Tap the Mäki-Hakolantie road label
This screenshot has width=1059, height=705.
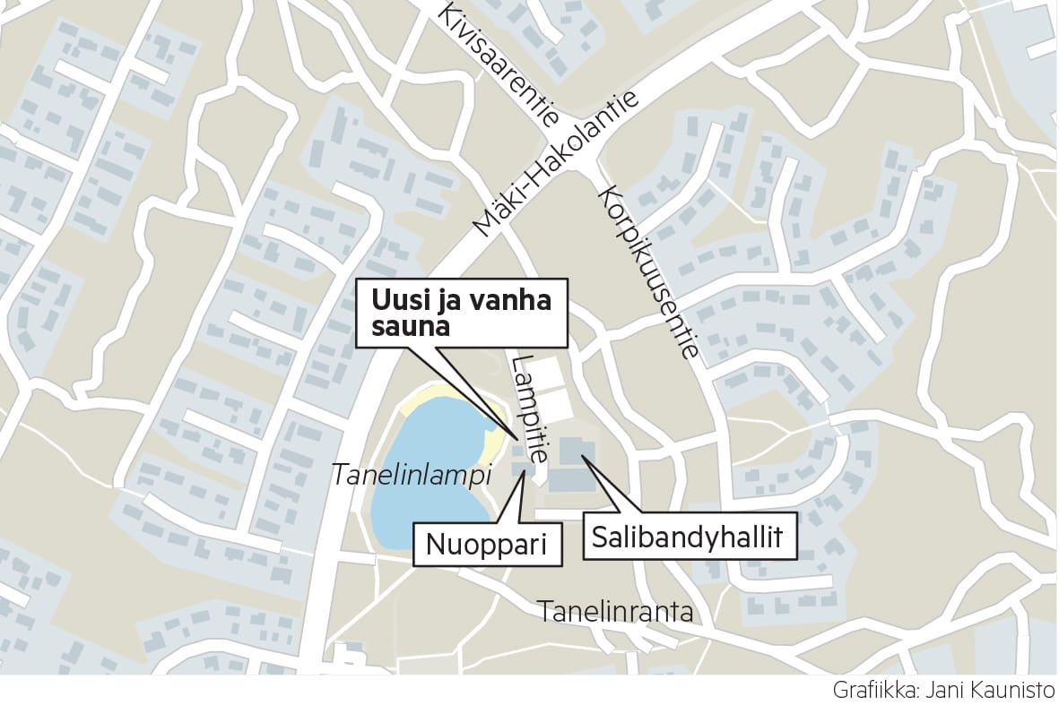coord(558,165)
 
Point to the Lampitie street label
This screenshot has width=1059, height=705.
coord(529,408)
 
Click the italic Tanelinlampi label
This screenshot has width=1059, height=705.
coord(412,475)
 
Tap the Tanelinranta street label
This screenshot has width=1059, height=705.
coord(615,612)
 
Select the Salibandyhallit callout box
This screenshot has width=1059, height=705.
coord(688,537)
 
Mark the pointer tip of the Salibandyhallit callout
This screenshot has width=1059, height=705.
coord(580,456)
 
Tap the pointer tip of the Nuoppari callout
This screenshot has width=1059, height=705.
coord(524,471)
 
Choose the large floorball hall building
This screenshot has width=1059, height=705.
coord(572,466)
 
